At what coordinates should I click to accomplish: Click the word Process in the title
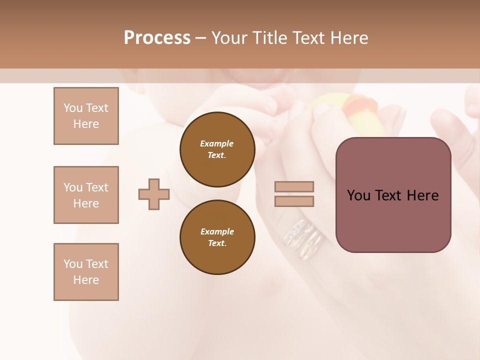tap(157, 37)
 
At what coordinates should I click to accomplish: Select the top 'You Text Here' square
tap(86, 116)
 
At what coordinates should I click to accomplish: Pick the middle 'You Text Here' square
tap(86, 195)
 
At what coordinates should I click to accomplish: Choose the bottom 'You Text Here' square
tap(86, 272)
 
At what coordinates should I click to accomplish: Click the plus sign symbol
tap(154, 194)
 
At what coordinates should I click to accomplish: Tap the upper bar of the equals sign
tap(294, 186)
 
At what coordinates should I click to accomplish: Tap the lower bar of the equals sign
tap(294, 201)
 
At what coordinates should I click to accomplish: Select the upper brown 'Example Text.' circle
tap(217, 149)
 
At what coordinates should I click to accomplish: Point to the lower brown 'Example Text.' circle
tap(217, 237)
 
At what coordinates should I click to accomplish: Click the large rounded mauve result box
tap(393, 195)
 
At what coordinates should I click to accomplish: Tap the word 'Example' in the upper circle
tap(217, 143)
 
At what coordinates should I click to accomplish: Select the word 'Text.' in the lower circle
tap(217, 243)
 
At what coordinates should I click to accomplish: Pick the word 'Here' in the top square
tap(86, 124)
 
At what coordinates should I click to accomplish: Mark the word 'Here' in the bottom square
tap(86, 280)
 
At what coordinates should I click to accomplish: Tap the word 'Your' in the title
tap(230, 37)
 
